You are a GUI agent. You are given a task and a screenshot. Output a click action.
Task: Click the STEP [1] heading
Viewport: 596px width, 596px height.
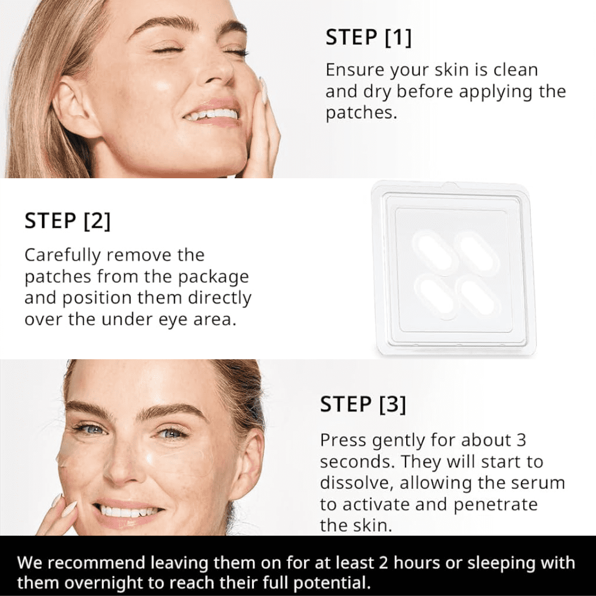[368, 38]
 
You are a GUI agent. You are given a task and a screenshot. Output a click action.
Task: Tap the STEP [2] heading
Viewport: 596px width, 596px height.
[68, 221]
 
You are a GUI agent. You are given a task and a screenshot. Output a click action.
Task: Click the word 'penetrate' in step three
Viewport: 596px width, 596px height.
[496, 505]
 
